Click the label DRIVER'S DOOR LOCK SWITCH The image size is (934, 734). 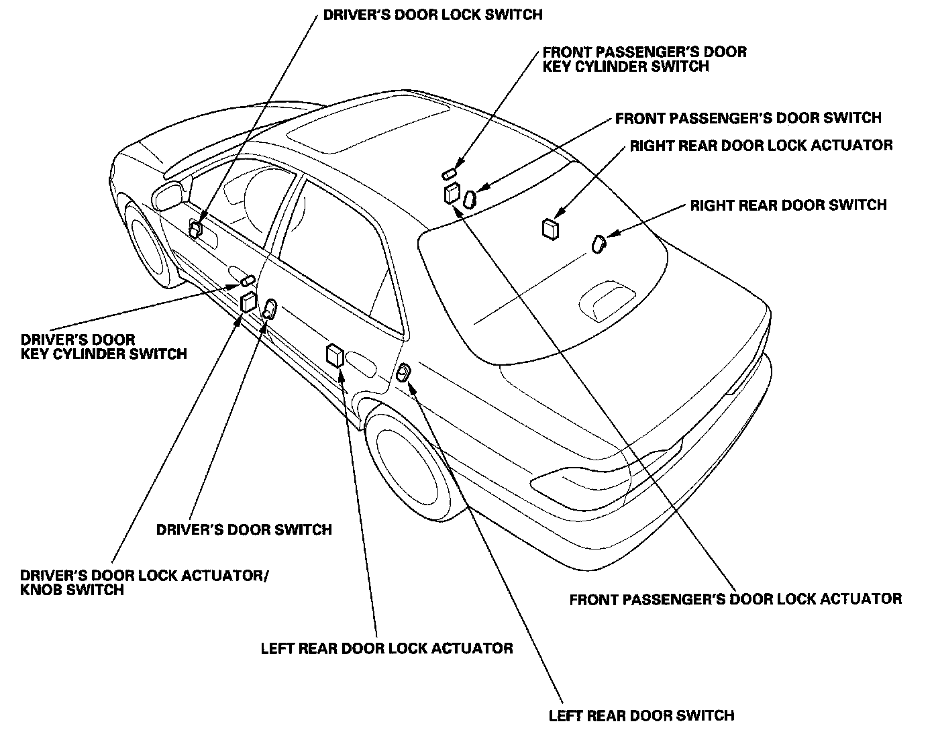pyautogui.click(x=433, y=14)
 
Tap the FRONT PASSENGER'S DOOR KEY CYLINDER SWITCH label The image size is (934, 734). pyautogui.click(x=644, y=59)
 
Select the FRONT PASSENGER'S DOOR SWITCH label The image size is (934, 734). pyautogui.click(x=748, y=119)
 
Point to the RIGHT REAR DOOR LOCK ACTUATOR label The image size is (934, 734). pyautogui.click(x=761, y=146)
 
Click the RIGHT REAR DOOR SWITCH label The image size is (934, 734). pyautogui.click(x=788, y=205)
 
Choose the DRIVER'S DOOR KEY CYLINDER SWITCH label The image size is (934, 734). pyautogui.click(x=103, y=346)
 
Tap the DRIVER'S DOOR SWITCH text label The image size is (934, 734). pyautogui.click(x=244, y=529)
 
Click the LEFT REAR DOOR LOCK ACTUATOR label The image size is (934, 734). pyautogui.click(x=386, y=648)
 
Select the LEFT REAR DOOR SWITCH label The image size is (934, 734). pyautogui.click(x=641, y=715)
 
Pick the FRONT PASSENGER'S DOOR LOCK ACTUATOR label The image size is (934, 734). pyautogui.click(x=735, y=598)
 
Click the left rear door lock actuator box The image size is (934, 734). pyautogui.click(x=334, y=355)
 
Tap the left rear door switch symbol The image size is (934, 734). pyautogui.click(x=403, y=372)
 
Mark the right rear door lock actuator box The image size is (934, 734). pyautogui.click(x=550, y=228)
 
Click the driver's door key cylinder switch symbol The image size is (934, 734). pyautogui.click(x=248, y=280)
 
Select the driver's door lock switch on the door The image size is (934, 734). pyautogui.click(x=195, y=229)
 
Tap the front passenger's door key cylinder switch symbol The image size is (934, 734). pyautogui.click(x=448, y=174)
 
